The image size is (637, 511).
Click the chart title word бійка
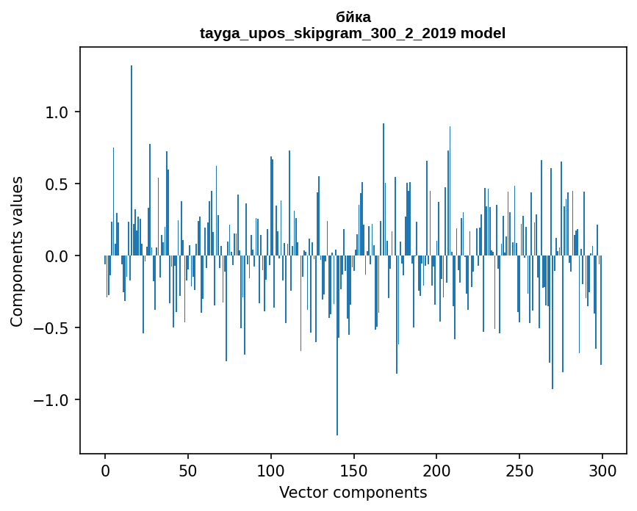(x=353, y=17)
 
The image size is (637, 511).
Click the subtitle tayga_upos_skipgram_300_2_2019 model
(x=353, y=33)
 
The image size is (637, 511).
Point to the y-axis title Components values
(x=17, y=251)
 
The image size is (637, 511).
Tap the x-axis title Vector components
(x=353, y=492)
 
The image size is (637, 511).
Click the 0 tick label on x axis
(x=105, y=470)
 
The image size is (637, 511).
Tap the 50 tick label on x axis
(x=188, y=470)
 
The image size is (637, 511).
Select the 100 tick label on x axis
(x=271, y=470)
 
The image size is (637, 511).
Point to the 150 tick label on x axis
(x=354, y=470)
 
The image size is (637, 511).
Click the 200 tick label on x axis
(x=436, y=470)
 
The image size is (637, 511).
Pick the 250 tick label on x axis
(x=519, y=470)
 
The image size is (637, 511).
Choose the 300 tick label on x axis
(x=602, y=470)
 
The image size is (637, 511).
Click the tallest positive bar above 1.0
(x=132, y=147)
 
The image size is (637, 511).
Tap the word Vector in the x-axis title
(x=300, y=492)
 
